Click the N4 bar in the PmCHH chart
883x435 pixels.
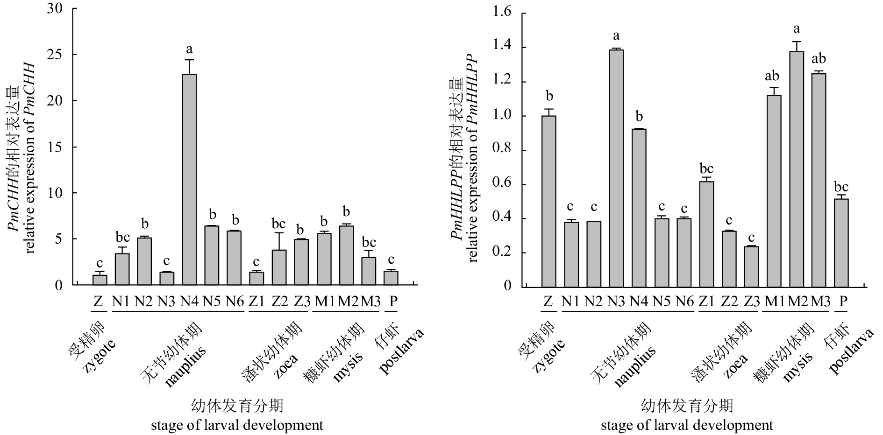coord(189,180)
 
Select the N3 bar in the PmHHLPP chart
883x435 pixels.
coord(616,168)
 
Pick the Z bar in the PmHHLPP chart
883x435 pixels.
coord(549,201)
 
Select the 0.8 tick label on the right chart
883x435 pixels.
coord(502,150)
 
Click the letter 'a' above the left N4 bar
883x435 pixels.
coord(189,49)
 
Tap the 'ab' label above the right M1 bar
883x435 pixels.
coord(774,76)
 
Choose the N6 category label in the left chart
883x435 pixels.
coord(235,302)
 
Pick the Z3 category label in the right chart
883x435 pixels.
coord(751,302)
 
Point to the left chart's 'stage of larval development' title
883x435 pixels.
coord(237,425)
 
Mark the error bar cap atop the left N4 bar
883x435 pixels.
coord(189,60)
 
